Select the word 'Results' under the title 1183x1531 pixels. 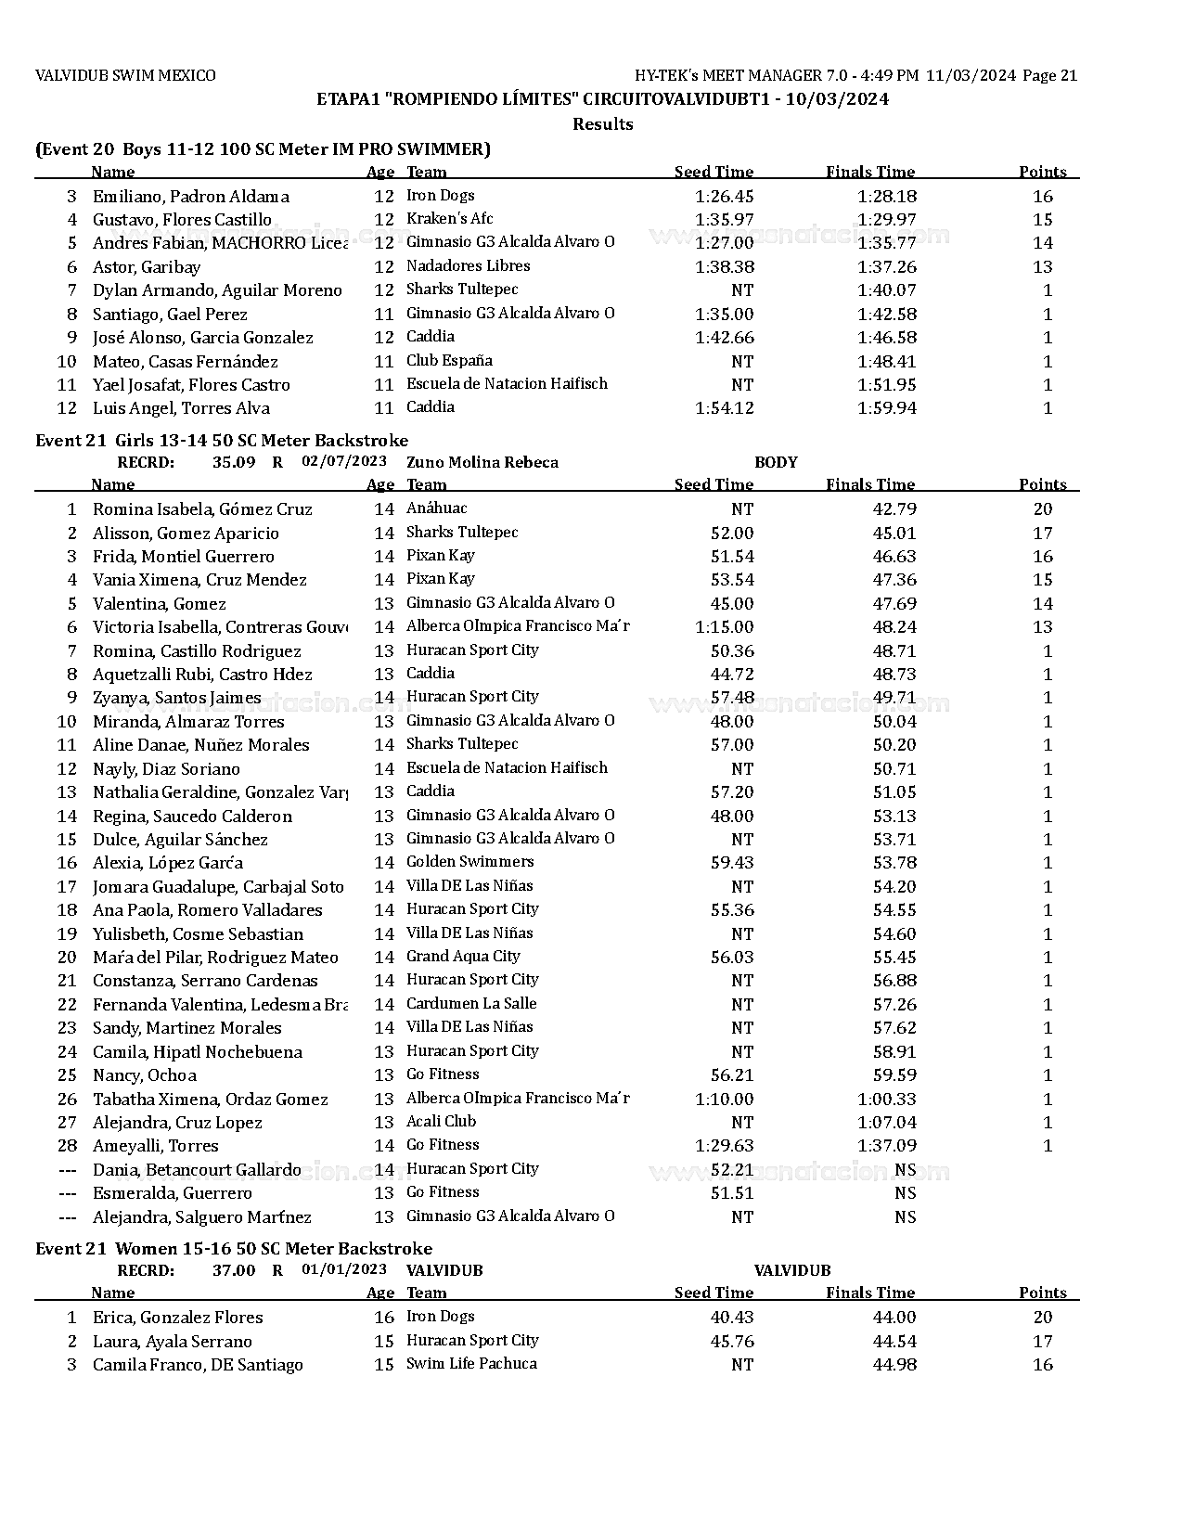(x=602, y=124)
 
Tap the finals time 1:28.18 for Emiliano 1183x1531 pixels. (x=886, y=196)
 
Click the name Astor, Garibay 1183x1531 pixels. (x=147, y=267)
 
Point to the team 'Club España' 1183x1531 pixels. (x=449, y=360)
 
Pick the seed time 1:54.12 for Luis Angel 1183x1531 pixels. (x=724, y=408)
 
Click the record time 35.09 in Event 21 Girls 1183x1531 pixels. (x=234, y=462)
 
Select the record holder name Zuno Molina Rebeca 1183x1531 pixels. (x=482, y=462)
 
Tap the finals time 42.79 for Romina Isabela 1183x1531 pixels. (x=894, y=508)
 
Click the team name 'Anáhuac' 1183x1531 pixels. (x=436, y=508)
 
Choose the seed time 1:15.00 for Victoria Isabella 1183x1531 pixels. (x=724, y=627)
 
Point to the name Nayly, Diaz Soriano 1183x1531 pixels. (x=166, y=769)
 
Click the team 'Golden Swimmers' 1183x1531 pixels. (x=469, y=862)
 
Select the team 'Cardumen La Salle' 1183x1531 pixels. (x=471, y=1003)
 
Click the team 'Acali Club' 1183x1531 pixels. (x=441, y=1121)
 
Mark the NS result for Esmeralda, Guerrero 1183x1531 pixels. (x=905, y=1192)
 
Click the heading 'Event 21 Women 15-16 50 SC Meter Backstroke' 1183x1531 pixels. (x=233, y=1248)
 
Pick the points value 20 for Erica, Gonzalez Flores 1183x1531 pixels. (x=1042, y=1318)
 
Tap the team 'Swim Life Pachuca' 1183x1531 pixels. (x=471, y=1363)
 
